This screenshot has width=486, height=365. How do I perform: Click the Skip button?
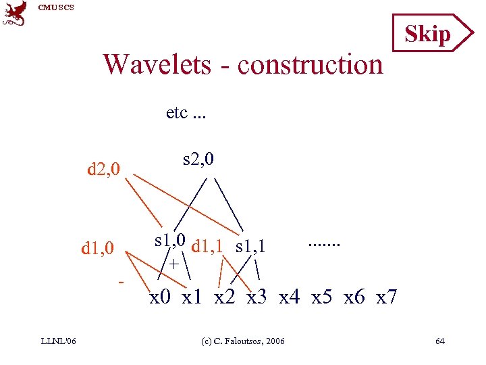pyautogui.click(x=428, y=33)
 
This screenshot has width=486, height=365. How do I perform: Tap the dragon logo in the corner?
pyautogui.click(x=15, y=14)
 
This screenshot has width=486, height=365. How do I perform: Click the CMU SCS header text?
pyautogui.click(x=56, y=7)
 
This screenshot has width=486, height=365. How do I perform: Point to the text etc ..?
pyautogui.click(x=186, y=112)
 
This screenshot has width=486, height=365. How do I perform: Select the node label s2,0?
pyautogui.click(x=198, y=160)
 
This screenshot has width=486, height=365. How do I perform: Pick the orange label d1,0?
pyautogui.click(x=98, y=249)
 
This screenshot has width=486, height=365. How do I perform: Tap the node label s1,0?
pyautogui.click(x=171, y=240)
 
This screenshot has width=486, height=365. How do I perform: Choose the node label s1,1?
pyautogui.click(x=250, y=247)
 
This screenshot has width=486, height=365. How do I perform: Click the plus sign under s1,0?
pyautogui.click(x=174, y=264)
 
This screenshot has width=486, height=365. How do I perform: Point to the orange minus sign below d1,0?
pyautogui.click(x=121, y=280)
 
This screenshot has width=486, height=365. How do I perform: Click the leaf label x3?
pyautogui.click(x=261, y=297)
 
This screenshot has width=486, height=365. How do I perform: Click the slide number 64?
pyautogui.click(x=440, y=341)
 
